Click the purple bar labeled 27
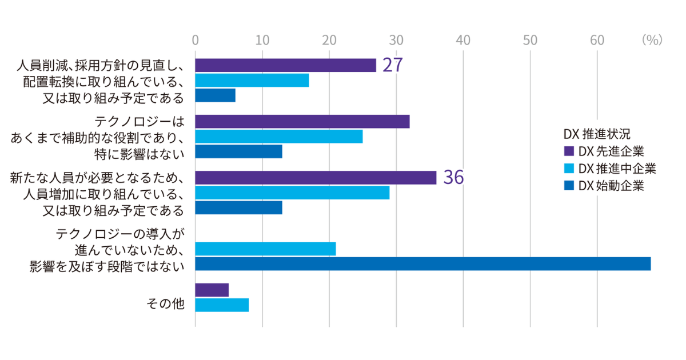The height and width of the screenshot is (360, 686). [x=286, y=65]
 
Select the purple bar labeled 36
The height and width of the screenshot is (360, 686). [x=316, y=178]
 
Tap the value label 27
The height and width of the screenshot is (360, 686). [x=393, y=65]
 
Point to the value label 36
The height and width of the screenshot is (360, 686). [x=453, y=178]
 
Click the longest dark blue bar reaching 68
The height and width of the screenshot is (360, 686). [x=423, y=263]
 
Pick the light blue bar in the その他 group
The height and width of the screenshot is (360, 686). [x=222, y=305]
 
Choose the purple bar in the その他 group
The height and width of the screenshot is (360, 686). [x=212, y=290]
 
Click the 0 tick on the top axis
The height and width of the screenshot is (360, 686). [x=196, y=40]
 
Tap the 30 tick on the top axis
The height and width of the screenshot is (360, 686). [x=396, y=40]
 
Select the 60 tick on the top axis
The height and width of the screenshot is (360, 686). [x=597, y=40]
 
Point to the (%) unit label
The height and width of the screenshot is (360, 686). [x=651, y=40]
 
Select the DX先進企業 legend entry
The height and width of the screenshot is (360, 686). [x=605, y=151]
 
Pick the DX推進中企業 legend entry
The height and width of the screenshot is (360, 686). [x=611, y=169]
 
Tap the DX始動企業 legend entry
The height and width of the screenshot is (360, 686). [x=605, y=186]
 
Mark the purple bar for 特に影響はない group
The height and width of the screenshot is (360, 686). [x=302, y=121]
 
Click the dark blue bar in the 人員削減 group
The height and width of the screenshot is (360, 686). [x=216, y=95]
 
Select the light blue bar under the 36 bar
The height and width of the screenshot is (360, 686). [x=292, y=193]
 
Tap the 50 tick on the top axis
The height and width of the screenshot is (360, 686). [x=530, y=40]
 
